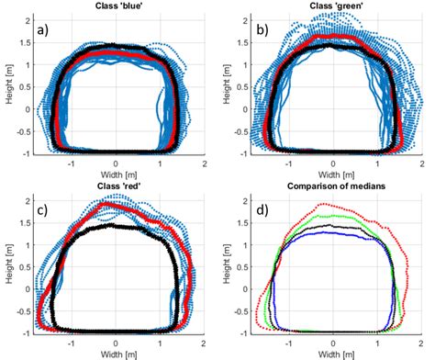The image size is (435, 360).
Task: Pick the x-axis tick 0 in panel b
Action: tap(335, 161)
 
